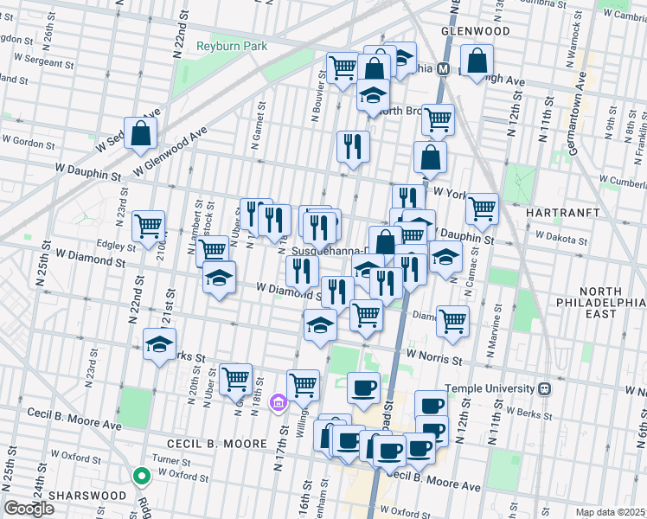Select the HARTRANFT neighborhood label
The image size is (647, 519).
click(562, 211)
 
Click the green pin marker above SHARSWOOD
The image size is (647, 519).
click(140, 476)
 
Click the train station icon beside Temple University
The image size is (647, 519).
click(545, 389)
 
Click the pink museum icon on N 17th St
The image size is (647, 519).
click(278, 402)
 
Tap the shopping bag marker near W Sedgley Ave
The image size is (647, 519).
click(140, 134)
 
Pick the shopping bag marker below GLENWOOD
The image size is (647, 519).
click(477, 61)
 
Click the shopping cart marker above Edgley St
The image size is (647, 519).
click(148, 226)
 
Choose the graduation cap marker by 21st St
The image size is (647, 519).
click(159, 343)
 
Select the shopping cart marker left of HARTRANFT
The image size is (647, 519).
click(482, 208)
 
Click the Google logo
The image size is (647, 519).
click(29, 509)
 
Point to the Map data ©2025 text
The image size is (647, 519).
click(611, 512)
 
